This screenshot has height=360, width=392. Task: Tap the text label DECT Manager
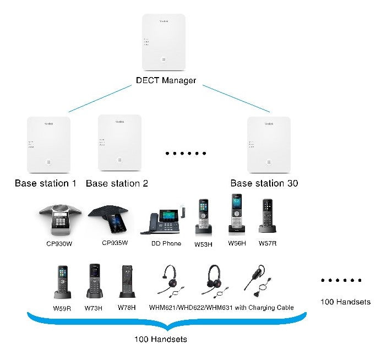tap(166, 80)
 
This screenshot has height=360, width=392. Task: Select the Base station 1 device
tap(48, 144)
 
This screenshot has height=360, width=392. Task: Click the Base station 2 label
tap(117, 183)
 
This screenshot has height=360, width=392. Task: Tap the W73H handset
tap(93, 281)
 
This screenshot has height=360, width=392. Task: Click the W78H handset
tap(126, 282)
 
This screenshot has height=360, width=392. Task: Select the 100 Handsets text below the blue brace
tap(160, 339)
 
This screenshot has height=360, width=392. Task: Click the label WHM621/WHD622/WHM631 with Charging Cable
tap(221, 307)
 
